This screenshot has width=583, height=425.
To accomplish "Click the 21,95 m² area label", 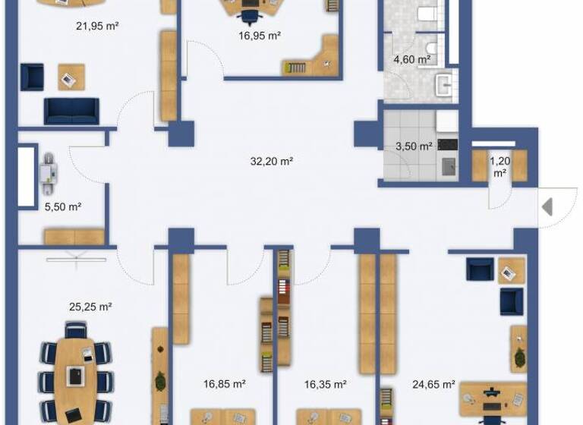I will (x=96, y=27).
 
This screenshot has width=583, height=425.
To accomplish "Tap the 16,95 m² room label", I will (x=260, y=35).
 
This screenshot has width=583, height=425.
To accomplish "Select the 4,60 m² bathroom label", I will (x=412, y=59).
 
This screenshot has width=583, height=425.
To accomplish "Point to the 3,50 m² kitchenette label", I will (x=414, y=146).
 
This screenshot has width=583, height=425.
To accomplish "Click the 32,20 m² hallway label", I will (x=272, y=161).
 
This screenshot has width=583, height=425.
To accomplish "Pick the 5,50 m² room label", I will (x=64, y=206).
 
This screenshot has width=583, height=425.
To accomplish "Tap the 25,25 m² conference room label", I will (x=90, y=307).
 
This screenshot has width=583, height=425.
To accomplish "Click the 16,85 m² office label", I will (x=224, y=385).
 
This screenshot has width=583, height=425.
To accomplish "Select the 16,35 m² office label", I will (x=326, y=385).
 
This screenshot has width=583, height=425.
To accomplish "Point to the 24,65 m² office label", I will (x=433, y=385).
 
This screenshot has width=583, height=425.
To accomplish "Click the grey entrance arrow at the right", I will (x=547, y=206).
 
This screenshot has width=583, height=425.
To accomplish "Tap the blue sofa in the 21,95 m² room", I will (x=71, y=111).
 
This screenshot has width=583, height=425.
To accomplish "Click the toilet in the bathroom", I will (x=426, y=13).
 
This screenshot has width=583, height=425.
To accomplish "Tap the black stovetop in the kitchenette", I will (x=447, y=143).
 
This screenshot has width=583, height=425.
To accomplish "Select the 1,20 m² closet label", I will (x=499, y=166).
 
